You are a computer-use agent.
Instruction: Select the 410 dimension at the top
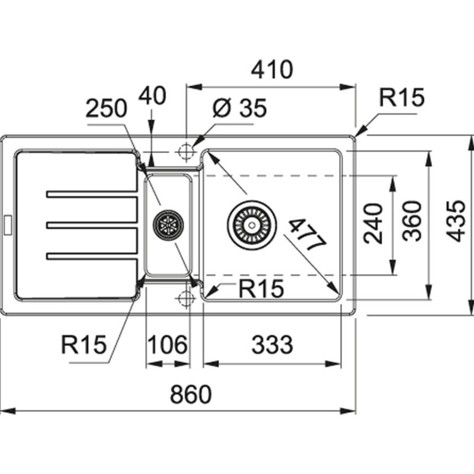point(272,69)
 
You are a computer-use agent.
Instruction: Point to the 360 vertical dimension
point(412,221)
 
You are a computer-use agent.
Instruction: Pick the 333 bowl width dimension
point(272,344)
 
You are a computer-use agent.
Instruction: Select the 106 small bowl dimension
point(167,344)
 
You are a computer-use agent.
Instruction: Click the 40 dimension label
point(153,95)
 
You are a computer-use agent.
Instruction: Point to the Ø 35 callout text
point(239,108)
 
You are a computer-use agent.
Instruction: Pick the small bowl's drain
point(168,225)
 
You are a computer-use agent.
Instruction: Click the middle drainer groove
point(92,225)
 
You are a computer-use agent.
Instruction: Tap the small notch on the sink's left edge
point(8,224)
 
